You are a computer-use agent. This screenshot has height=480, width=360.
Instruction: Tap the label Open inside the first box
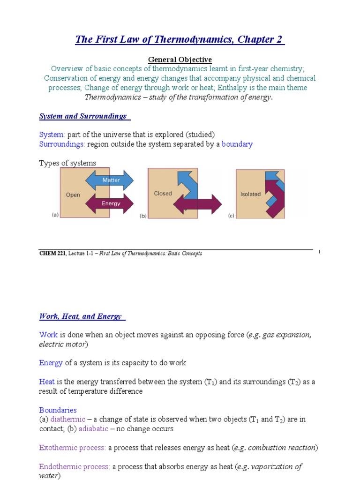(73, 195)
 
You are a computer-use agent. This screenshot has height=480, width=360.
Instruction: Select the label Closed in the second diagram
(163, 193)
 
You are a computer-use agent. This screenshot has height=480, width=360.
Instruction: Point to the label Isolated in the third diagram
(250, 194)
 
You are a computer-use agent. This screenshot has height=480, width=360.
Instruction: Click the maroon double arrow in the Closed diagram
(197, 204)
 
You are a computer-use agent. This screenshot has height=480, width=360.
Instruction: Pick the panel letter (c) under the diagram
(231, 216)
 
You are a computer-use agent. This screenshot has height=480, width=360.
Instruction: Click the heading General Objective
(180, 60)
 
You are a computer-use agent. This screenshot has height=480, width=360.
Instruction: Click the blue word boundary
(237, 144)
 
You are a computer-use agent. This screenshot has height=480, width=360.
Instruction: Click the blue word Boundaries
(58, 410)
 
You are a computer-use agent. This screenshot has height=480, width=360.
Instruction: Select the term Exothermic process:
(73, 448)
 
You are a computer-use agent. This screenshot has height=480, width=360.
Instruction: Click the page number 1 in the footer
(319, 252)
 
